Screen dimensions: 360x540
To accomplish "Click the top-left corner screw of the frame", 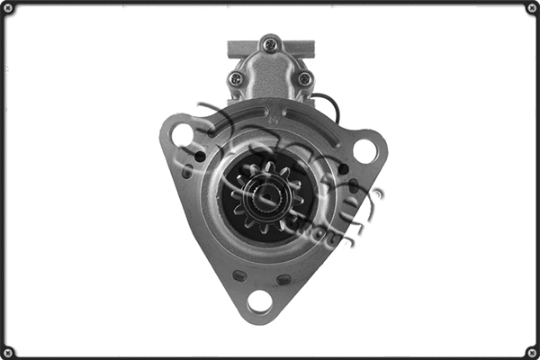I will (x=8, y=8).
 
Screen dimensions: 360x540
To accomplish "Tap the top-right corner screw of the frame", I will (x=531, y=8).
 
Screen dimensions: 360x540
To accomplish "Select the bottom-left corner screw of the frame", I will (x=8, y=351).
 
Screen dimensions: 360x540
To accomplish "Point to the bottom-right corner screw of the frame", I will (x=531, y=351).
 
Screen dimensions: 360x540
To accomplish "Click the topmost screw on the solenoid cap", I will (x=269, y=41).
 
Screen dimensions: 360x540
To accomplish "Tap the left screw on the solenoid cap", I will (x=236, y=79).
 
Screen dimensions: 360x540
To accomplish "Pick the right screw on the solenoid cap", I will (x=304, y=79).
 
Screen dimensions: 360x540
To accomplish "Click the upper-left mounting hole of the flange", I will (x=184, y=135).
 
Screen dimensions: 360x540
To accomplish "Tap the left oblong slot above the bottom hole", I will (x=239, y=275).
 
